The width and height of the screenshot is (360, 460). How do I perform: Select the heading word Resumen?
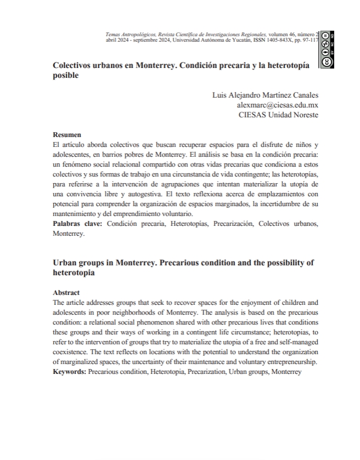coord(67,134)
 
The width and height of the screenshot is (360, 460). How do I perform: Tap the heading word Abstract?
coord(66,293)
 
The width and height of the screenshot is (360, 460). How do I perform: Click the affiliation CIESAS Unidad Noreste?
coord(278,115)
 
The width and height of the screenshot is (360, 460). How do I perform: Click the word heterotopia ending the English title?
coord(74,272)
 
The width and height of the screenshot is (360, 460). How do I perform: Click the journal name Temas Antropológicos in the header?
coord(129,34)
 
